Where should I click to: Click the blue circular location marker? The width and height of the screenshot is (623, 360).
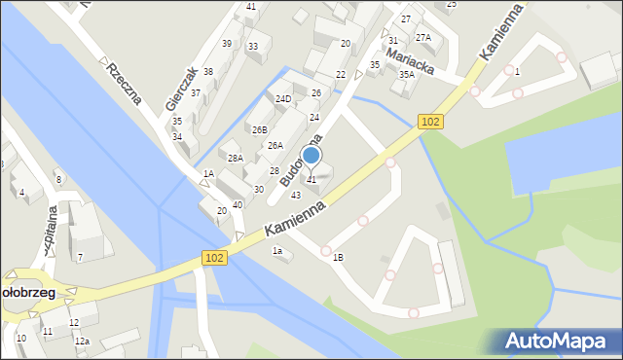click(x=311, y=155)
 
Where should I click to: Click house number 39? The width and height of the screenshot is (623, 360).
click(x=226, y=43)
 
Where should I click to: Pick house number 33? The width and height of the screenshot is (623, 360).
click(x=252, y=46)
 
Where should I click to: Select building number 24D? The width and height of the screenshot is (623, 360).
click(x=282, y=99)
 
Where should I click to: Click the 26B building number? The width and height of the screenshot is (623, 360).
click(x=259, y=129)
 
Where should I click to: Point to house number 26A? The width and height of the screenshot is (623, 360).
click(x=275, y=146)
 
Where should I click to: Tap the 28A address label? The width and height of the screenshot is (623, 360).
click(x=235, y=158)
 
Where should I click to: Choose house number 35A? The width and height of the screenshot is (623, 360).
click(x=406, y=74)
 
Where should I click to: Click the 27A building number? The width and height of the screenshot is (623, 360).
click(x=422, y=37)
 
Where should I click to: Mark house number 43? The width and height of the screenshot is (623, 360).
click(x=295, y=195)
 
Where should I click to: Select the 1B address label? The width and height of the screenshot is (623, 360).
click(x=338, y=257)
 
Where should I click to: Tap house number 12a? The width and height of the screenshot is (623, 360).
click(x=83, y=341)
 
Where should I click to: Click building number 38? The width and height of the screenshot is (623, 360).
click(x=207, y=72)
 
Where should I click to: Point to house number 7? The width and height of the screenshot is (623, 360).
click(x=80, y=257)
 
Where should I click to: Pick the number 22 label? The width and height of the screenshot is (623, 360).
click(x=341, y=75)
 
